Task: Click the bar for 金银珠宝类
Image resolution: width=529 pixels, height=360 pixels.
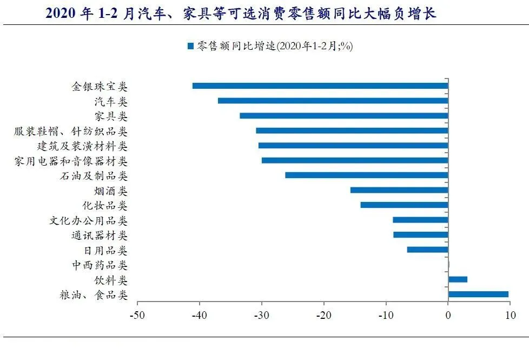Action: click(x=320, y=86)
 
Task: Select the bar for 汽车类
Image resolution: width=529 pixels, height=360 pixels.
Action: click(x=333, y=101)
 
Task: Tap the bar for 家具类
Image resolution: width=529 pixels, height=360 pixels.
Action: click(x=343, y=115)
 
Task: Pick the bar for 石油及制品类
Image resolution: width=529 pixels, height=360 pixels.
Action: click(x=366, y=175)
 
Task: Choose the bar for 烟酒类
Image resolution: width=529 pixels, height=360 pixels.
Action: click(x=399, y=190)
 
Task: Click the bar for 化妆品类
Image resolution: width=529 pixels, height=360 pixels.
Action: click(x=404, y=205)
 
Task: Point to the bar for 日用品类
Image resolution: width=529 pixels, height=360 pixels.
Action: click(x=427, y=250)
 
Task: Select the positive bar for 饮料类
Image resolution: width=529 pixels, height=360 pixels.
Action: click(x=458, y=279)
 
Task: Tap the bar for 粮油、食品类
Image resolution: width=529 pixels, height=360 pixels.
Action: click(x=478, y=294)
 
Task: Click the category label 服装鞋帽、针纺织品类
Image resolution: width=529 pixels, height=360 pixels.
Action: click(x=71, y=131)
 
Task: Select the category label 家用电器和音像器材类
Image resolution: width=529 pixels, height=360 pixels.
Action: click(x=71, y=161)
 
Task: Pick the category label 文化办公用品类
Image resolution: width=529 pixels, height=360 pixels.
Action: click(x=88, y=221)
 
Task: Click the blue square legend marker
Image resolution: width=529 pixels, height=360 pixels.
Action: click(x=190, y=47)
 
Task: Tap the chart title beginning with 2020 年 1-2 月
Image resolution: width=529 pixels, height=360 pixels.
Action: click(x=241, y=14)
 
